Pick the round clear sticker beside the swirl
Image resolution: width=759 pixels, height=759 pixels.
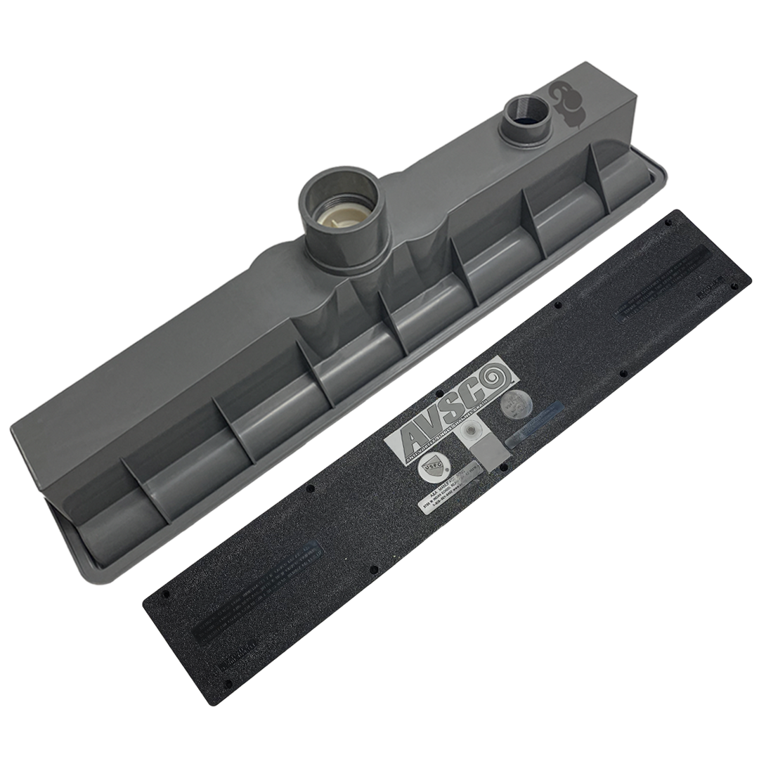pos(514,406)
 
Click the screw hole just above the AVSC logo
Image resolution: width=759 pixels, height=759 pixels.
pos(439,394)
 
